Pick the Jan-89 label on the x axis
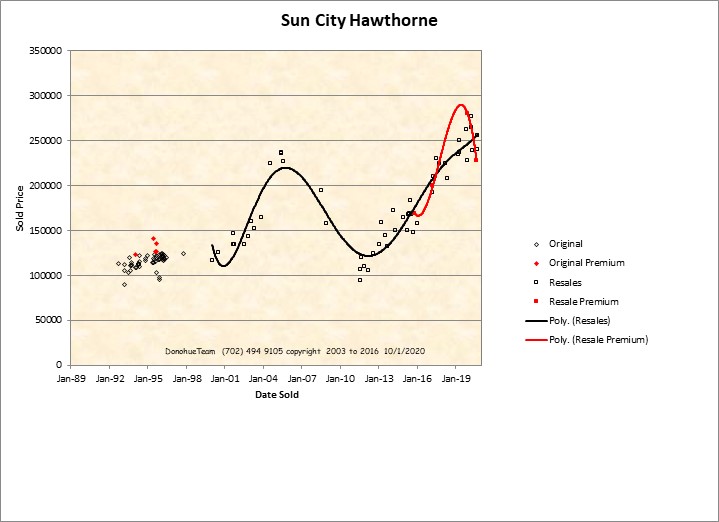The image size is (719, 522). (x=71, y=379)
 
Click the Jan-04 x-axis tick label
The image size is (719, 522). (x=264, y=379)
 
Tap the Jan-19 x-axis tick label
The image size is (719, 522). (x=457, y=379)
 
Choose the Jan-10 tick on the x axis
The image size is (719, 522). (x=341, y=379)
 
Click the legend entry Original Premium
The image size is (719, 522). (x=586, y=263)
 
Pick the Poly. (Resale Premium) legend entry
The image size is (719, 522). (x=598, y=340)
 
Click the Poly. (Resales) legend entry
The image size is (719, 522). (x=580, y=321)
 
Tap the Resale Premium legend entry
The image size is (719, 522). (x=583, y=301)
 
